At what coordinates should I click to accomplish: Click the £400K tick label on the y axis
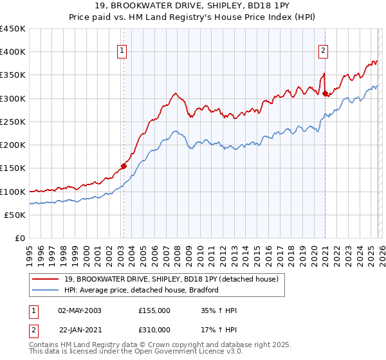pos(13,52)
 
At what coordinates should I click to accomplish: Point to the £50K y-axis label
pos(15,215)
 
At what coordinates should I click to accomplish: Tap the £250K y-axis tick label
pos(13,122)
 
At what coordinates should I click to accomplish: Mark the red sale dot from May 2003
pos(124,166)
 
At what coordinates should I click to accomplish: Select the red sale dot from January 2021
pos(326,94)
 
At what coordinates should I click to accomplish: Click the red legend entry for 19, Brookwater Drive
pos(171,279)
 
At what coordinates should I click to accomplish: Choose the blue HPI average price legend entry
pos(142,290)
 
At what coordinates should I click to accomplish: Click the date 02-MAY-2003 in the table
pos(80,310)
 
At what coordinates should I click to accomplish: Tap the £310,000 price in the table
pos(154,330)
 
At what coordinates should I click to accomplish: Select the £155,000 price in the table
pos(154,310)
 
